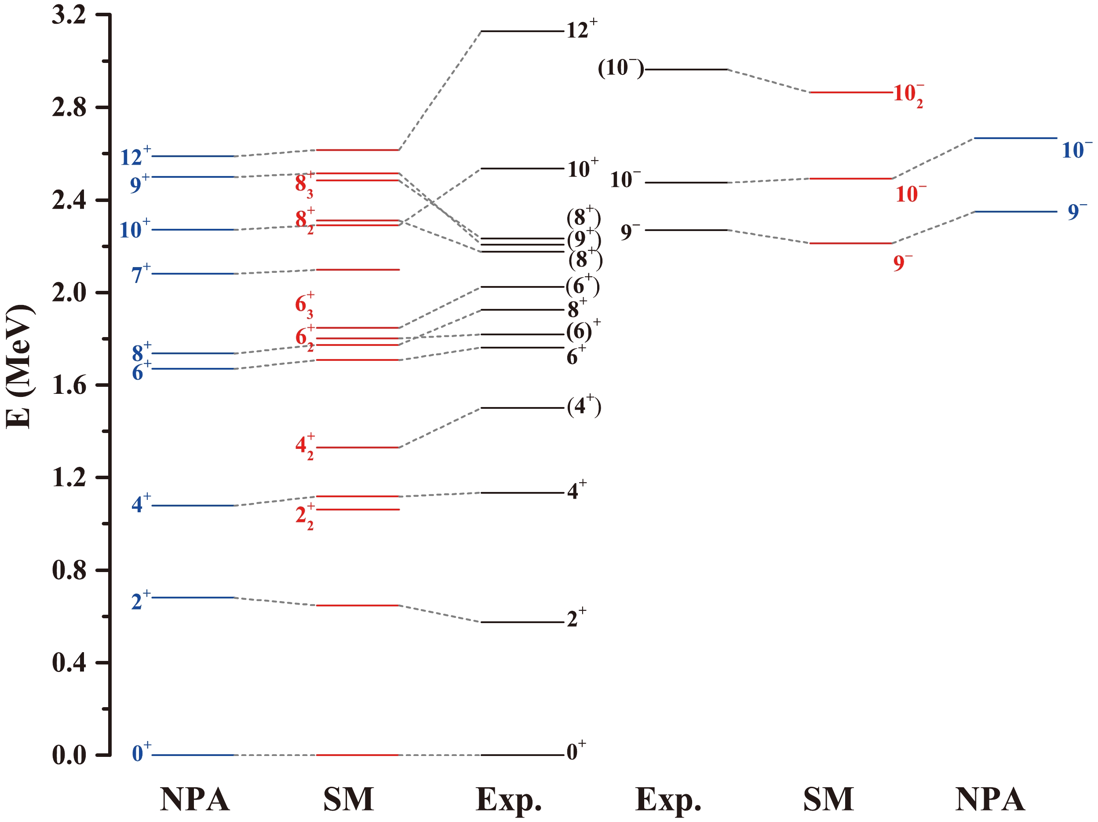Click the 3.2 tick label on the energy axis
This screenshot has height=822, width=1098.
(x=69, y=15)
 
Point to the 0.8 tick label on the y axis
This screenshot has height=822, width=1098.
(x=69, y=570)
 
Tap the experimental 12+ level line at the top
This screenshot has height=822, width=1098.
(x=522, y=31)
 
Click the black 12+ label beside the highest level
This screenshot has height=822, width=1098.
(x=581, y=30)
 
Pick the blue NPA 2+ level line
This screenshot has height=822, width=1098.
(x=193, y=598)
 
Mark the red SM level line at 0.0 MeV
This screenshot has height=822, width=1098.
(x=358, y=755)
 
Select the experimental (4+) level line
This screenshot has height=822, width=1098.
(x=522, y=408)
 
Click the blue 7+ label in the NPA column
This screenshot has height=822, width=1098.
(x=140, y=274)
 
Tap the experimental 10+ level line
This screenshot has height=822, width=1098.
(x=522, y=169)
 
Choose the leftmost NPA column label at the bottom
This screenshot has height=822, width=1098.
(x=195, y=799)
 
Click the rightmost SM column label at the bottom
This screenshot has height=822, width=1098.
(x=828, y=799)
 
